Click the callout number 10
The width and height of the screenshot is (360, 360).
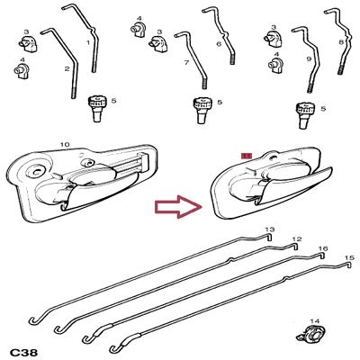click(x=64, y=144)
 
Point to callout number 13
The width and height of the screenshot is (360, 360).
click(x=270, y=229)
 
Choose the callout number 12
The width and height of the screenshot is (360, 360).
click(x=294, y=239)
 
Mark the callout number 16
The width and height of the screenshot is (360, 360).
click(x=323, y=248)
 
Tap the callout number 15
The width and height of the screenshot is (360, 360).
click(x=349, y=258)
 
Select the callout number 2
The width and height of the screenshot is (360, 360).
click(x=67, y=68)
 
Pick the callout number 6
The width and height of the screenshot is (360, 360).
click(x=219, y=43)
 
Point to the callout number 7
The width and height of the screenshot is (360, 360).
click(x=185, y=63)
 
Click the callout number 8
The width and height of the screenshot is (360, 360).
click(x=341, y=42)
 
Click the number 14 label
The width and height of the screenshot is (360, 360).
click(x=314, y=320)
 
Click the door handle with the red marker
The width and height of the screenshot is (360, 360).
click(x=270, y=184)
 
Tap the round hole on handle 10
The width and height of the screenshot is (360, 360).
click(x=37, y=169)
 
